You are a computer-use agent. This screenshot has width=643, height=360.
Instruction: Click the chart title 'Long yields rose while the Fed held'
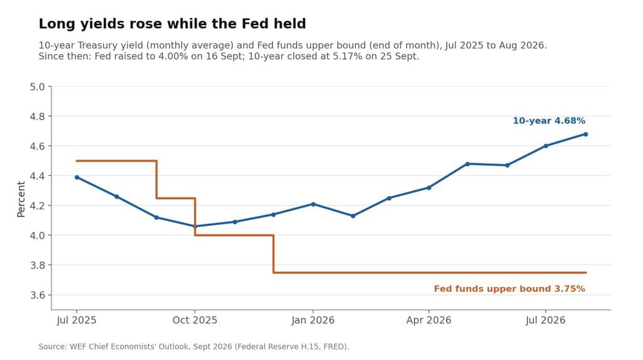(x=172, y=24)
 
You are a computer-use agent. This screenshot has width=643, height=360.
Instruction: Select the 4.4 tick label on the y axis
(x=37, y=176)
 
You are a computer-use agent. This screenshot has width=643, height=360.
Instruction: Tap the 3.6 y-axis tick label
(x=37, y=295)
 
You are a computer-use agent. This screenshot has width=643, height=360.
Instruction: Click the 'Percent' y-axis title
(x=21, y=199)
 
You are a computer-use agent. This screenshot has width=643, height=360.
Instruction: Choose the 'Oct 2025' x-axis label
(x=195, y=320)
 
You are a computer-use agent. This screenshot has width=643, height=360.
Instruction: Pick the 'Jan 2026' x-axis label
(x=313, y=320)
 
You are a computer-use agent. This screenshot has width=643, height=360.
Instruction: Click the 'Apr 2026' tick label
(x=428, y=320)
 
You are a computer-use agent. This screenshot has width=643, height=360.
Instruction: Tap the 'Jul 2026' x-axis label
(x=546, y=320)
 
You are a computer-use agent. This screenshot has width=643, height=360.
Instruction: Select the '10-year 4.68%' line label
(x=549, y=121)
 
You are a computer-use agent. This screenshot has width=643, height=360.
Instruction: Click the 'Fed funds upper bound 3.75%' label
(x=509, y=288)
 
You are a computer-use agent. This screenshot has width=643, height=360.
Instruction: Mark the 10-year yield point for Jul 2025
(x=77, y=177)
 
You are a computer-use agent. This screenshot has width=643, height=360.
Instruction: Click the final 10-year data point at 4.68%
(x=586, y=134)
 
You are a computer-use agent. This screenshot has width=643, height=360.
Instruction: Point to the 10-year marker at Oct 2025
(x=195, y=226)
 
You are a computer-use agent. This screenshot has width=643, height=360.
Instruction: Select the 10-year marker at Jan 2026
(x=313, y=204)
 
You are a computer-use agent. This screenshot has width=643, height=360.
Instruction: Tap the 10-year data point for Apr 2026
(x=429, y=188)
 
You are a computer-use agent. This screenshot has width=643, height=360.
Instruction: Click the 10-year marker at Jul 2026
(x=546, y=146)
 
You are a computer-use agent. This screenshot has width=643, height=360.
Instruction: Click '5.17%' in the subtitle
(x=347, y=57)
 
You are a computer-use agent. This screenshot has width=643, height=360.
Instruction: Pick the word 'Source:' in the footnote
(x=53, y=346)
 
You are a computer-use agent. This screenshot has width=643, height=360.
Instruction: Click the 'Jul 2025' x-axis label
(x=77, y=320)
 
